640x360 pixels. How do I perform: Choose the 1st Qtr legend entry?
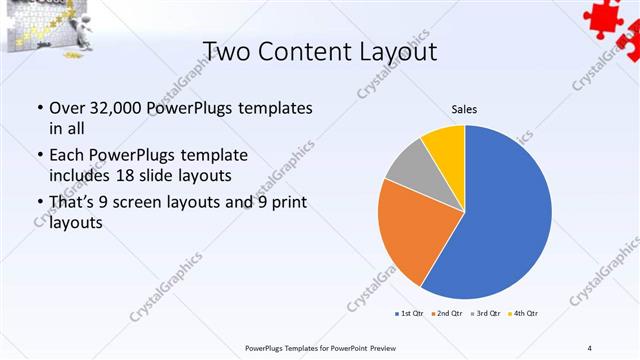[410, 314]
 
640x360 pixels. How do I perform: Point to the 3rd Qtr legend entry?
[486, 314]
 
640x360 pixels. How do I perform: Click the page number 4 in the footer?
[590, 347]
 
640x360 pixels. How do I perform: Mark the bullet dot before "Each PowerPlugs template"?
[38, 156]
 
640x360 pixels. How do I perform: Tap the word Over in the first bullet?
[67, 107]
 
